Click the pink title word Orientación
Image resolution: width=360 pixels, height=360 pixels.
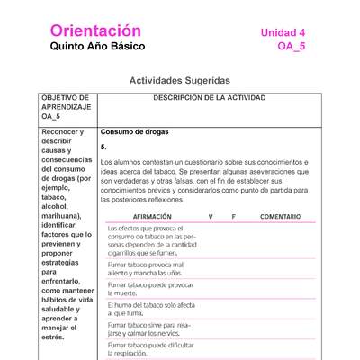pos(96,31)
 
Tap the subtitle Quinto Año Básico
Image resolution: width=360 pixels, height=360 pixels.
pos(97,47)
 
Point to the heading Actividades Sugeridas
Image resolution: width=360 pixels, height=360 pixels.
pos(180,80)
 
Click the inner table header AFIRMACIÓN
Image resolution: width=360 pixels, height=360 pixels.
pos(146,217)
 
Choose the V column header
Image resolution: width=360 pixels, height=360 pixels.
pos(211,217)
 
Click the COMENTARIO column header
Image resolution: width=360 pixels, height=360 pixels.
pos(280,217)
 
